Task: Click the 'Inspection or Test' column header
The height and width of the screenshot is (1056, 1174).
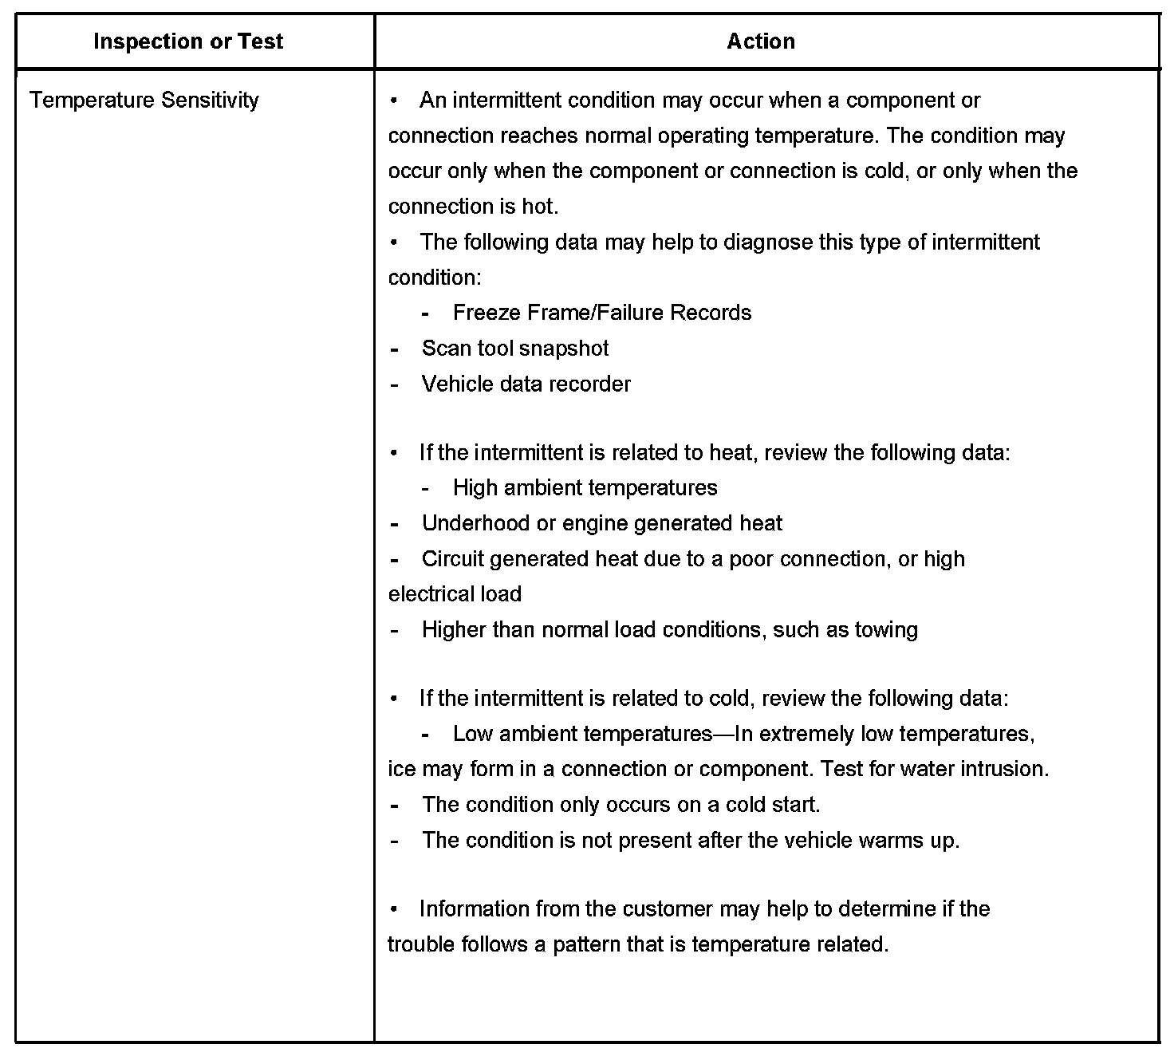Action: click(x=188, y=41)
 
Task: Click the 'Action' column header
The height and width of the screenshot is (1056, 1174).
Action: click(x=761, y=41)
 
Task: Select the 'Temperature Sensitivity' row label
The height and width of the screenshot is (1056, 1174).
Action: click(x=144, y=100)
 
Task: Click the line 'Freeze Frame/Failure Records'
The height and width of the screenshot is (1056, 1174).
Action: click(x=601, y=313)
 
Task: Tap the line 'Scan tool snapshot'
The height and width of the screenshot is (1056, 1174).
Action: click(x=514, y=349)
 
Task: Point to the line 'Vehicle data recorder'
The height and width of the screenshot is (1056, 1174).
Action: click(x=526, y=384)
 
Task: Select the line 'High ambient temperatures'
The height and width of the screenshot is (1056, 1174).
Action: click(x=585, y=488)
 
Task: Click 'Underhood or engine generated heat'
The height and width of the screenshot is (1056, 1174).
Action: click(x=601, y=523)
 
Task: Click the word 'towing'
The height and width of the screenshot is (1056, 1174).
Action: click(x=886, y=630)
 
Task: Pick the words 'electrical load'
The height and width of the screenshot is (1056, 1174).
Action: click(x=455, y=594)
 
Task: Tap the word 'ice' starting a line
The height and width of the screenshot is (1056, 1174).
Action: click(x=401, y=770)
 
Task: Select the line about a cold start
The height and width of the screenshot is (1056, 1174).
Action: click(x=620, y=805)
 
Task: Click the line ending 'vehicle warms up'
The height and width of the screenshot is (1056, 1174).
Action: click(x=690, y=841)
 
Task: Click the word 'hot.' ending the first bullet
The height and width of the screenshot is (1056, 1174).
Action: click(x=540, y=207)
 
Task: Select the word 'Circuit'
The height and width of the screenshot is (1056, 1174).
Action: click(x=452, y=559)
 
